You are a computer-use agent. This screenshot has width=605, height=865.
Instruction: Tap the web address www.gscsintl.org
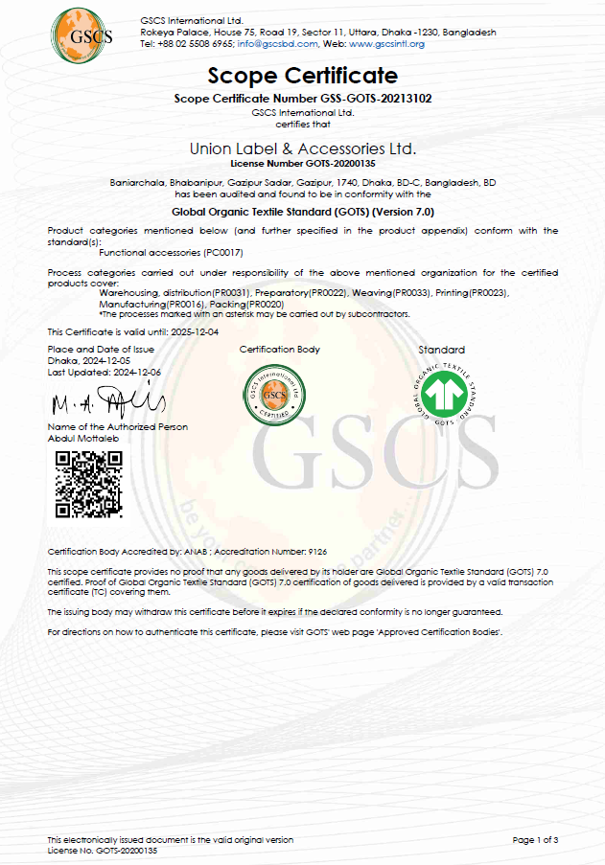[x=386, y=44]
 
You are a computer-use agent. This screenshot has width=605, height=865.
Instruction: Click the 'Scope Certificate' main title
[x=302, y=75]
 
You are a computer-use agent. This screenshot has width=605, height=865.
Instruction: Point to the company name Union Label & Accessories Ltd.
[x=302, y=149]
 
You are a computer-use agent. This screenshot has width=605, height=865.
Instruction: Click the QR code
[x=85, y=484]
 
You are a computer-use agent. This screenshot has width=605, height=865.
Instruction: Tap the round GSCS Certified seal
[x=276, y=395]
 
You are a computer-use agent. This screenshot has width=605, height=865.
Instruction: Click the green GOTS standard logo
[x=443, y=393]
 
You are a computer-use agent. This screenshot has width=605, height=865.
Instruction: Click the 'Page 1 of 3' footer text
[x=535, y=840]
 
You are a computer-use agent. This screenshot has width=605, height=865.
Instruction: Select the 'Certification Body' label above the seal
[x=279, y=350]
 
